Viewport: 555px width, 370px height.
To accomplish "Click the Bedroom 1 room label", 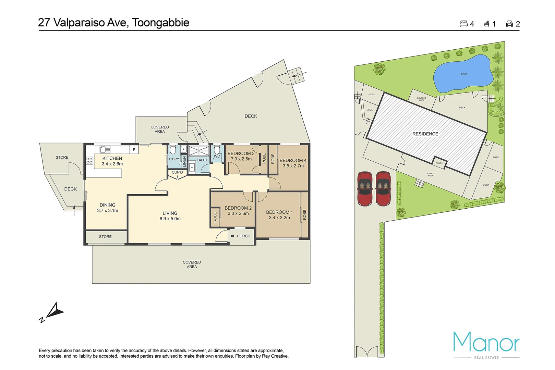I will point(279,215).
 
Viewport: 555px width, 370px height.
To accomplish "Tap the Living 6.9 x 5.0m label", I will point(170,216).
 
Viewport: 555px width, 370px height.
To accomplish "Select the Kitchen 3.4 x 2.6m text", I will point(112,161).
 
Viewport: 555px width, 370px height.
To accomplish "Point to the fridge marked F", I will point(134,150).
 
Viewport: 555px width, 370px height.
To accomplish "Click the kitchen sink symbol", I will point(105,150).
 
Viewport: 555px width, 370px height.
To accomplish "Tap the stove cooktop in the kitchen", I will point(89,161).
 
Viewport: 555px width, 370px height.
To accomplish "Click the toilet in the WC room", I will point(217,150).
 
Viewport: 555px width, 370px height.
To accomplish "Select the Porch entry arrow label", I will point(241,236).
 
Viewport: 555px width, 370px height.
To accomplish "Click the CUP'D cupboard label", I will point(177,172).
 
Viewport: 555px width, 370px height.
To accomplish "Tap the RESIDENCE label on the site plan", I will point(425,134).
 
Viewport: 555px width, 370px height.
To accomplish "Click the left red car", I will point(365,189).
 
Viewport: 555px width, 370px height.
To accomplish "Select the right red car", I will point(383,189).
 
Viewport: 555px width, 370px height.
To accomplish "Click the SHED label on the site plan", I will point(496,158).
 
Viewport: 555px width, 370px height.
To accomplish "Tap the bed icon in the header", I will point(463,24).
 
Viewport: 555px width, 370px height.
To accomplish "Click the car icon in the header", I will point(509,24).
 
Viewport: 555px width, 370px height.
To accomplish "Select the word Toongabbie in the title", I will point(161,23).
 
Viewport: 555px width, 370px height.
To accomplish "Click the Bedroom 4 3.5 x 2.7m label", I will point(293,163).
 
